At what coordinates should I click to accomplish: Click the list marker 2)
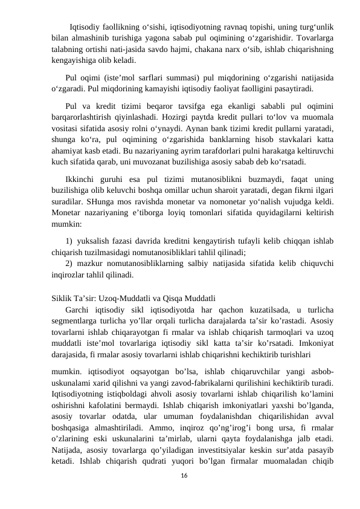[69, 262]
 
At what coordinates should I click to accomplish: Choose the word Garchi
[78, 310]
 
